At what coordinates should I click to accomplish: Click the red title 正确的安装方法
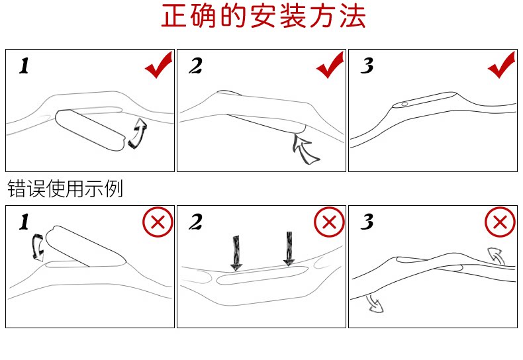pos(263,18)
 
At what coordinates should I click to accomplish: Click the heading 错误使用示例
pos(65,189)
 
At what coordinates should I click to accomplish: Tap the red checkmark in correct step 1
pos(158,66)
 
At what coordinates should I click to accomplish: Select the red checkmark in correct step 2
pos(330,66)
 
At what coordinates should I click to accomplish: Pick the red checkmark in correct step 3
pos(501,66)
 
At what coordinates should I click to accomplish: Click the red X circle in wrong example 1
pos(158,222)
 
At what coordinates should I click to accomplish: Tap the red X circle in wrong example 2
pos(329,222)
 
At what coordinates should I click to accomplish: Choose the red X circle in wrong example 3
pos(500,222)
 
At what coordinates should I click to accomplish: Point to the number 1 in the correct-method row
pos(24,66)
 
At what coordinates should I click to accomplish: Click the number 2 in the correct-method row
pos(195,66)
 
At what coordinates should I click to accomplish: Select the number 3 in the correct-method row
pos(367,66)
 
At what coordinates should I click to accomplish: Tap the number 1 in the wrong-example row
pos(24,223)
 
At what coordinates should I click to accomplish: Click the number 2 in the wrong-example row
pos(195,223)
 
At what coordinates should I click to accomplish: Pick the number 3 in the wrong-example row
pos(367,223)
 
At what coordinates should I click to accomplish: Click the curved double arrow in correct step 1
pos(138,132)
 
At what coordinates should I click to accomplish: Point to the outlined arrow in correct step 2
pos(305,149)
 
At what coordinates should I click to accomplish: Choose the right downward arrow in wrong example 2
pos(289,248)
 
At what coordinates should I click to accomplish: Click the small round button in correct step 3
pos(404,104)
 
